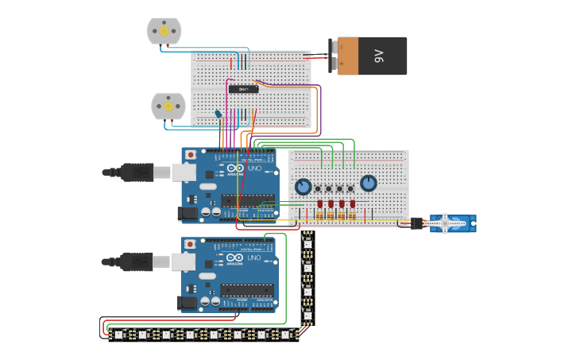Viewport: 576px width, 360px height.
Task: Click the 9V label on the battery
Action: pyautogui.click(x=379, y=56)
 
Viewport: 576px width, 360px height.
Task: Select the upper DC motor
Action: pyautogui.click(x=164, y=31)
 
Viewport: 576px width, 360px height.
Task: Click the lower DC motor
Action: pyautogui.click(x=168, y=106)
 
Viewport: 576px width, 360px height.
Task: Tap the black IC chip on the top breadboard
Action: pyautogui.click(x=243, y=89)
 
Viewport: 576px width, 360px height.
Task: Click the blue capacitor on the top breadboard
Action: pyautogui.click(x=218, y=114)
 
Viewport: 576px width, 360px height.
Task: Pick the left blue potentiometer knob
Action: pyautogui.click(x=303, y=187)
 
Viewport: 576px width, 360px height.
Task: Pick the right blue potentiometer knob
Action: pyautogui.click(x=368, y=184)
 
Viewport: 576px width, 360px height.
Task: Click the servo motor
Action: pyautogui.click(x=450, y=223)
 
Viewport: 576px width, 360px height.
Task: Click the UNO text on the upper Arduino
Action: pyautogui.click(x=255, y=169)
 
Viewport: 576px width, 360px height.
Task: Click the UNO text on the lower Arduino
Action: pyautogui.click(x=255, y=258)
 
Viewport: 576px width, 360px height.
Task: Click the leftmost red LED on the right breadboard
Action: pyautogui.click(x=320, y=204)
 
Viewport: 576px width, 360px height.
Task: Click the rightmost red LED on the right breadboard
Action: pyautogui.click(x=353, y=204)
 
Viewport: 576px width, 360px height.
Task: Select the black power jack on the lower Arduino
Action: pyautogui.click(x=187, y=302)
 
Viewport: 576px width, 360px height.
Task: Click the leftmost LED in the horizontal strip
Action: pyautogui.click(x=119, y=335)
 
